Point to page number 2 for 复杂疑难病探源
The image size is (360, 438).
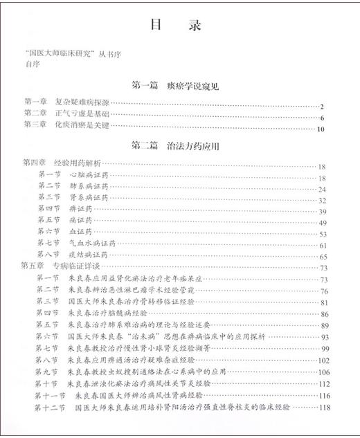pos(323,106)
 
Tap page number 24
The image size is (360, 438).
pos(321,189)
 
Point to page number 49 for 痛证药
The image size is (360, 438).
pos(322,223)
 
